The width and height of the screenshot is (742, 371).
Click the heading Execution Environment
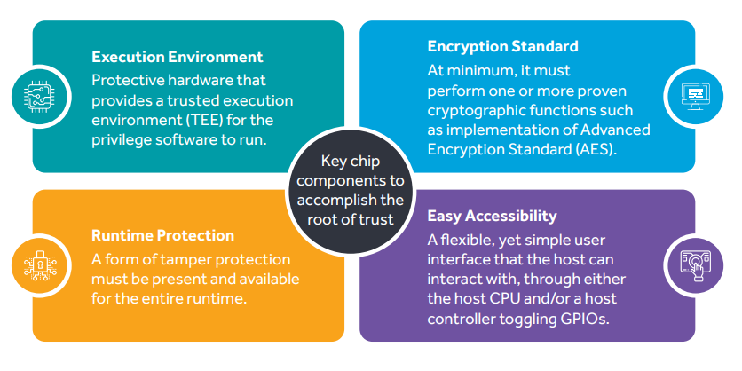pos(178,58)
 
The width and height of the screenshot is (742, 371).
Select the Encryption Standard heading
pos(502,46)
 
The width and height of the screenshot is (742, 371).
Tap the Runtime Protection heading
pos(162,235)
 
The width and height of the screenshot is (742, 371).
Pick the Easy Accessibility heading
pos(492,216)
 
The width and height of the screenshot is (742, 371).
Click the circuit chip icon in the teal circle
pos(36,96)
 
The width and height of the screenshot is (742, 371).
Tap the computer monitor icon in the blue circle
pos(695,96)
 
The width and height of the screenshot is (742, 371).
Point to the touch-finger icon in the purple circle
pos(695,265)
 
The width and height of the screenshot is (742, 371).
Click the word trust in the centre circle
pos(376,219)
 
